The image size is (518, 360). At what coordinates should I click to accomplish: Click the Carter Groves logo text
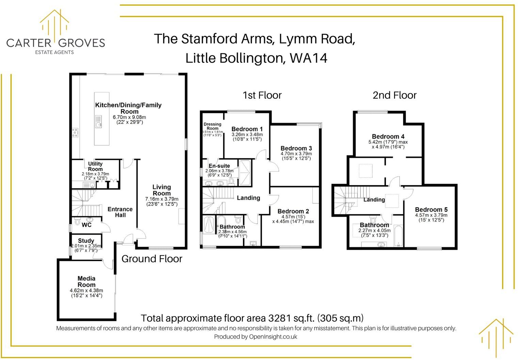(55, 43)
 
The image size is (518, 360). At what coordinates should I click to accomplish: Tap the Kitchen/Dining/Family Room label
(128, 108)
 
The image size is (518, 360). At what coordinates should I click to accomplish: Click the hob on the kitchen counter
(75, 132)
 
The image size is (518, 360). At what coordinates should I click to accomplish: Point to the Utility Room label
(95, 166)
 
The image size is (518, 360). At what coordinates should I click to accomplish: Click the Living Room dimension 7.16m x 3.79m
(162, 199)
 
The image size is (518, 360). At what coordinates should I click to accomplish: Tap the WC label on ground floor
(86, 225)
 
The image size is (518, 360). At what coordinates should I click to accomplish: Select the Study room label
(86, 241)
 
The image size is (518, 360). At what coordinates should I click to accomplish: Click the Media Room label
(86, 281)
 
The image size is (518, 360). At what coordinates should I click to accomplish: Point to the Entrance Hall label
(120, 212)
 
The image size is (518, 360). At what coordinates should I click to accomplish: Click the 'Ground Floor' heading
(152, 259)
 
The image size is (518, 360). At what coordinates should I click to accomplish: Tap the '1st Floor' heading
(262, 95)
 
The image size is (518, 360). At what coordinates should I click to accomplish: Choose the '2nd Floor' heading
(394, 95)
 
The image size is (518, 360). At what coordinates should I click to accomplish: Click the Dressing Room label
(212, 126)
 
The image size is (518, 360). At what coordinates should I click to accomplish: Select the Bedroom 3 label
(296, 148)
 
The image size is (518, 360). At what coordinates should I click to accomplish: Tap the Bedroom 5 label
(431, 210)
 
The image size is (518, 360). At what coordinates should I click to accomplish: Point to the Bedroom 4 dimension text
(388, 145)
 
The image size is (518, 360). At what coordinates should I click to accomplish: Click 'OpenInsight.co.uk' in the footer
(273, 337)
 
